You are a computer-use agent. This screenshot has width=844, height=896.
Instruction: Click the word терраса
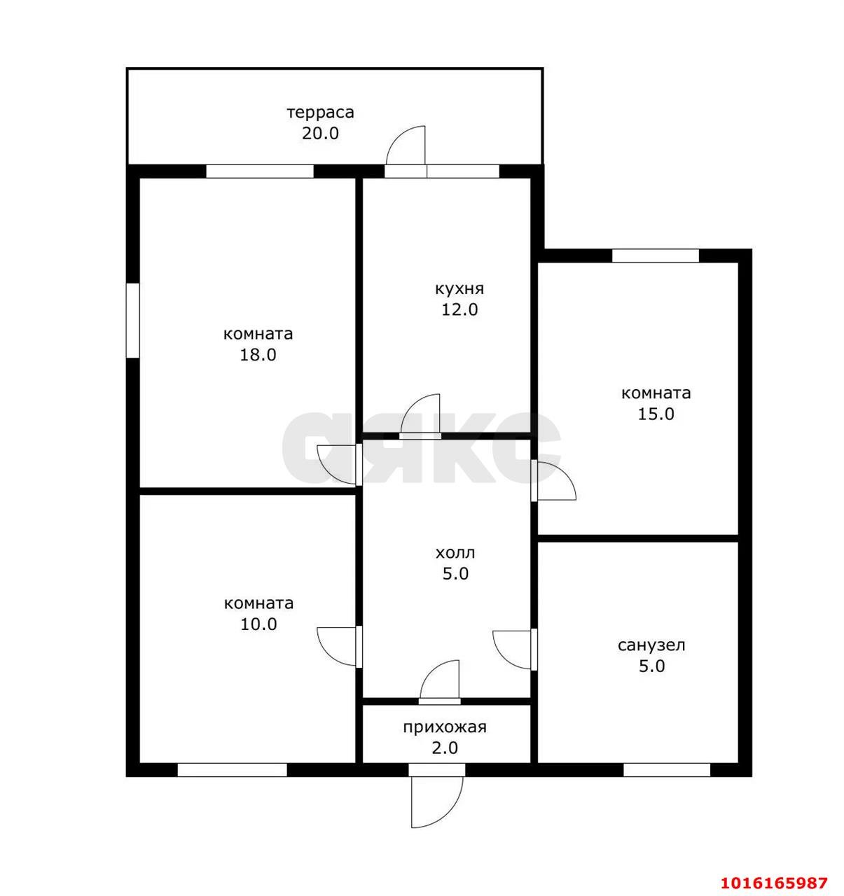(x=321, y=112)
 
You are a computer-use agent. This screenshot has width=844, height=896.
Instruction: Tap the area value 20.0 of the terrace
(x=320, y=134)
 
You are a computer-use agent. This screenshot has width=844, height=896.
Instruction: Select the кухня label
(x=459, y=289)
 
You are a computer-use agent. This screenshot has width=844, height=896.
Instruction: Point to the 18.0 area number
(x=258, y=355)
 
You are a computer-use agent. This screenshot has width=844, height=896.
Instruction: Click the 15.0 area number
(x=656, y=414)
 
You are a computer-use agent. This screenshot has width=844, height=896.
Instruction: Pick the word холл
(x=455, y=553)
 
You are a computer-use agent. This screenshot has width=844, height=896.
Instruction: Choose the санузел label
(x=651, y=645)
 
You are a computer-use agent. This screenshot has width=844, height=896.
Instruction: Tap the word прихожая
(x=445, y=727)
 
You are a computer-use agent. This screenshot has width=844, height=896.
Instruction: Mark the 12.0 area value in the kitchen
(x=459, y=310)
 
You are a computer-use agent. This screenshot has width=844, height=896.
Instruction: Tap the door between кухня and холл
(x=420, y=416)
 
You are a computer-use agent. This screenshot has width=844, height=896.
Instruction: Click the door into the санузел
(x=515, y=650)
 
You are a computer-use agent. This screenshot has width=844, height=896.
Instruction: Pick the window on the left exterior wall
(x=133, y=321)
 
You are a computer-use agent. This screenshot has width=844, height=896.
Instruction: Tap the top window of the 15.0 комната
(x=656, y=255)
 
